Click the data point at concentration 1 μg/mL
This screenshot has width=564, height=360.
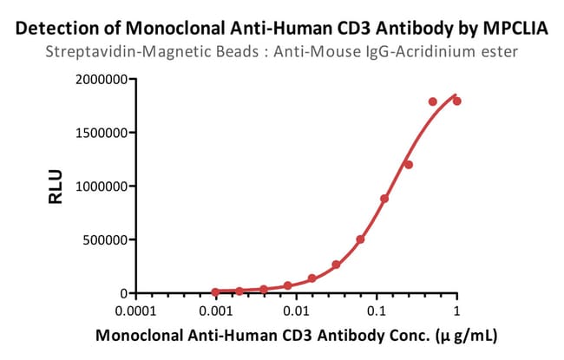pyautogui.click(x=457, y=101)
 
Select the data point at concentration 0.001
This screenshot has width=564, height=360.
pyautogui.click(x=215, y=291)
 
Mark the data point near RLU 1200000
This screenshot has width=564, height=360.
pyautogui.click(x=409, y=164)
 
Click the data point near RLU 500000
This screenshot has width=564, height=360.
pyautogui.click(x=360, y=239)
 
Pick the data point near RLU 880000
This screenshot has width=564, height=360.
pyautogui.click(x=384, y=199)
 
